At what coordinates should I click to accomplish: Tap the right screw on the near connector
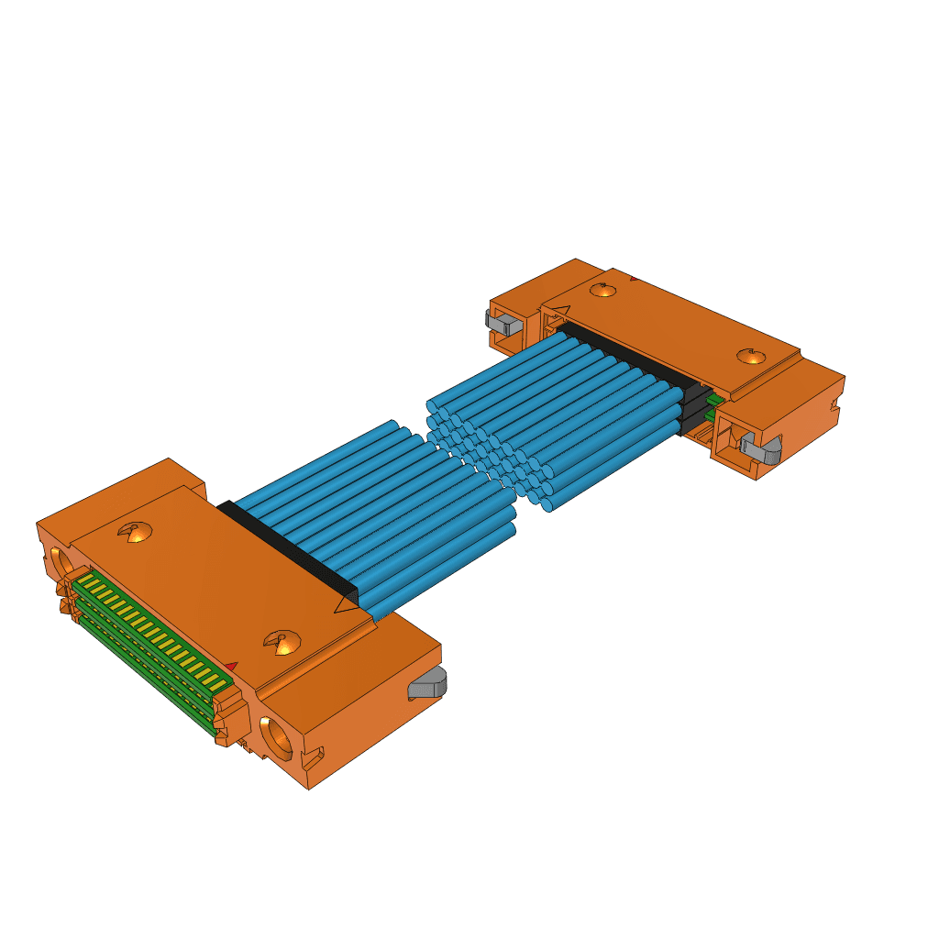tap(282, 643)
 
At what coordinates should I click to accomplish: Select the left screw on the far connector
tap(602, 291)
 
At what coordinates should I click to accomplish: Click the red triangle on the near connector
tap(231, 666)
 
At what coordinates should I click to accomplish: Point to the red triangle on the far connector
tap(633, 278)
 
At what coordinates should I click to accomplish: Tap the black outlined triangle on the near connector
tap(348, 603)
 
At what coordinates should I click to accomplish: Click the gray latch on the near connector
tap(427, 683)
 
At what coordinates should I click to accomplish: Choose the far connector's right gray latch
tap(760, 448)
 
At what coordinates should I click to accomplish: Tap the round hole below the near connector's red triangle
tap(277, 735)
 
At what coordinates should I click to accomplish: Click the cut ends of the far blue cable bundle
tap(486, 449)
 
